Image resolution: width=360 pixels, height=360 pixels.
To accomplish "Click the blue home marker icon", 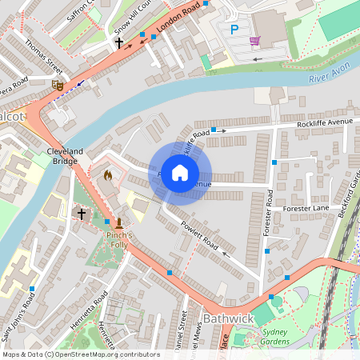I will point(180,172).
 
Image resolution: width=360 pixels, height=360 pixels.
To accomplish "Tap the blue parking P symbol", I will point(234,30).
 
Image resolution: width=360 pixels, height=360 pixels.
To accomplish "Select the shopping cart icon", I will point(254,41).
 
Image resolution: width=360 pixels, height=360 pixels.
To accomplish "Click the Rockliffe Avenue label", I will point(324,122).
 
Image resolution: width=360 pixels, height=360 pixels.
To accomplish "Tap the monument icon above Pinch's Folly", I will point(118,223).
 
